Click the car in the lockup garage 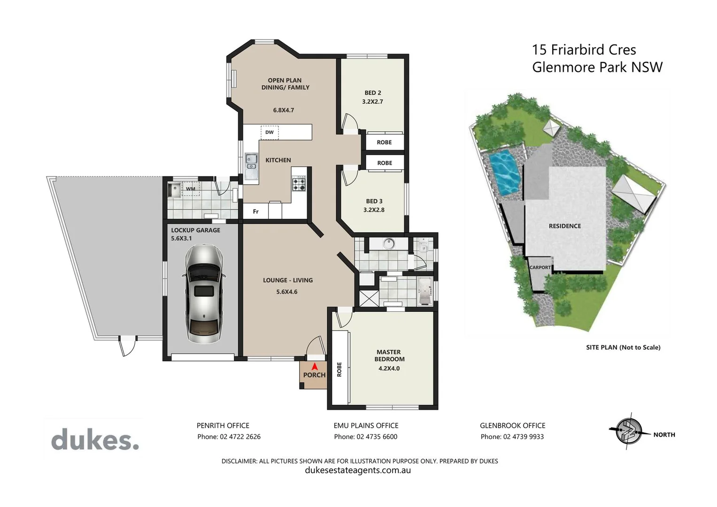click(204, 293)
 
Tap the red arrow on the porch click(315, 366)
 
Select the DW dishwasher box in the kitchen click(270, 132)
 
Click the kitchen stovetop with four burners click(299, 184)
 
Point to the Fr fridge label click(256, 212)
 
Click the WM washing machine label click(191, 189)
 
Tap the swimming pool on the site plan click(506, 172)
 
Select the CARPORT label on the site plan click(540, 268)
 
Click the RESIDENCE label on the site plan click(564, 226)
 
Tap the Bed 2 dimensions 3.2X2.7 click(372, 101)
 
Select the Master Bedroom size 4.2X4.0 click(389, 369)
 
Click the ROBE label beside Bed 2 click(384, 142)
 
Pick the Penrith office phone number click(229, 437)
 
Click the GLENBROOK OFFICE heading click(512, 425)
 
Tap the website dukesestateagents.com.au click(358, 470)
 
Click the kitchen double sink click(252, 162)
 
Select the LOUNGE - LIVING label click(287, 280)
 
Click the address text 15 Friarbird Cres click(584, 50)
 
